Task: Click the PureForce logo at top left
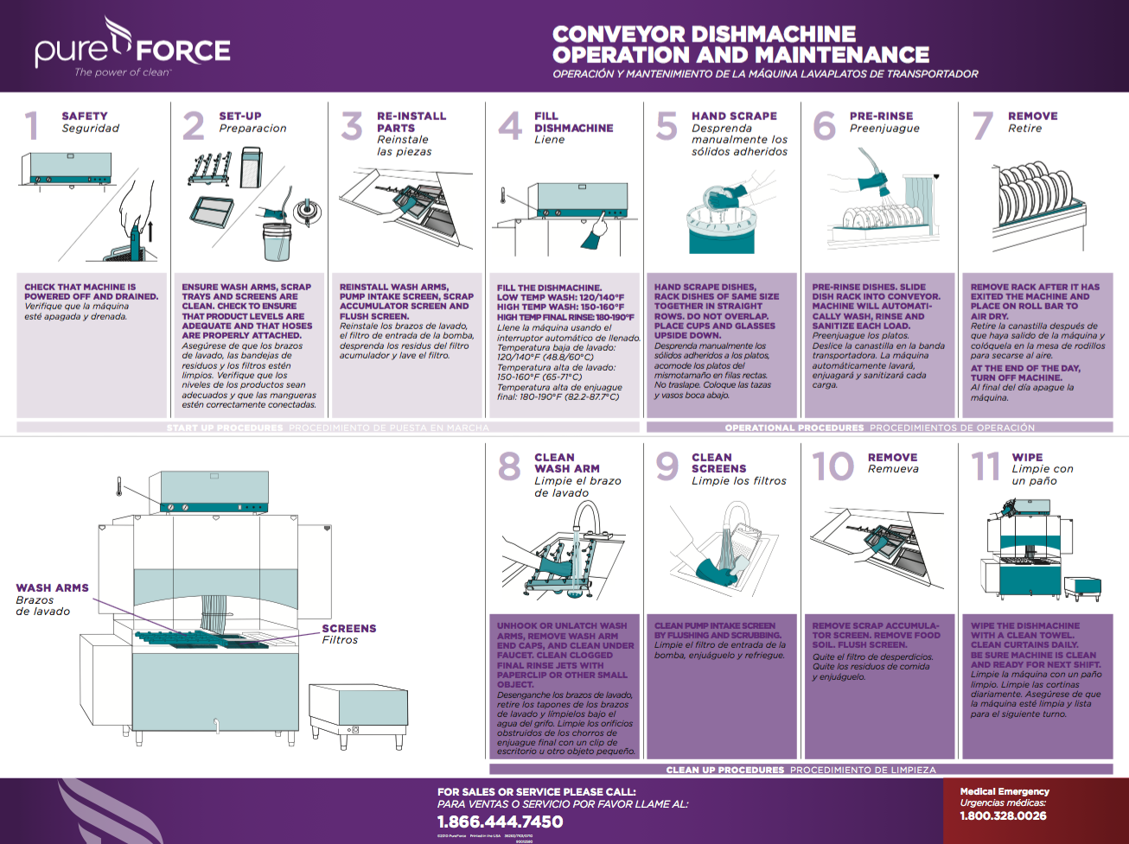(132, 50)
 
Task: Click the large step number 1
(32, 126)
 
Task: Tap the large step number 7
(982, 126)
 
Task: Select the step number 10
(832, 467)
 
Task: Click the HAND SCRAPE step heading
(734, 116)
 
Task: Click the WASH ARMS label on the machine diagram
(52, 587)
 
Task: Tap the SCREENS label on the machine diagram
(349, 628)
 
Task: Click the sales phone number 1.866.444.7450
(500, 822)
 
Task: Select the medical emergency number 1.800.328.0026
(1003, 815)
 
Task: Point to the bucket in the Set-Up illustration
(277, 242)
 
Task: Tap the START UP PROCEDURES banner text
(225, 428)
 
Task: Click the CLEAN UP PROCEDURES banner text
(724, 769)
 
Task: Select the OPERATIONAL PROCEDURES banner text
(794, 428)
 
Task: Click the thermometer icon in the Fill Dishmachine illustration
(502, 196)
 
